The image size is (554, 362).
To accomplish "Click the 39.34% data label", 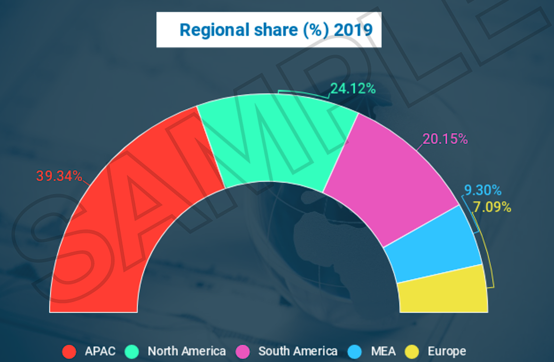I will point(59,177).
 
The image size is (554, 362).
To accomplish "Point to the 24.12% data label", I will point(353,89).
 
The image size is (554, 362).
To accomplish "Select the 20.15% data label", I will point(445,139).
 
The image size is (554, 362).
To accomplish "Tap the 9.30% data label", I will point(483,191).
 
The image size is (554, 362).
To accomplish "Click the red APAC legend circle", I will point(69,352).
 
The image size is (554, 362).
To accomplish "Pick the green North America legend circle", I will point(132,352).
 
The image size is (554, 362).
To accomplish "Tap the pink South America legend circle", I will point(242,352).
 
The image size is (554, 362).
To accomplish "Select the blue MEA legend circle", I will point(355,352).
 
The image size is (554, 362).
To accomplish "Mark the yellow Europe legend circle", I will point(412,352).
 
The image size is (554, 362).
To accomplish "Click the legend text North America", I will point(187,351).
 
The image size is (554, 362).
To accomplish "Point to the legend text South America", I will point(298,351).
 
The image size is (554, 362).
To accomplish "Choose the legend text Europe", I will point(447,351).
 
